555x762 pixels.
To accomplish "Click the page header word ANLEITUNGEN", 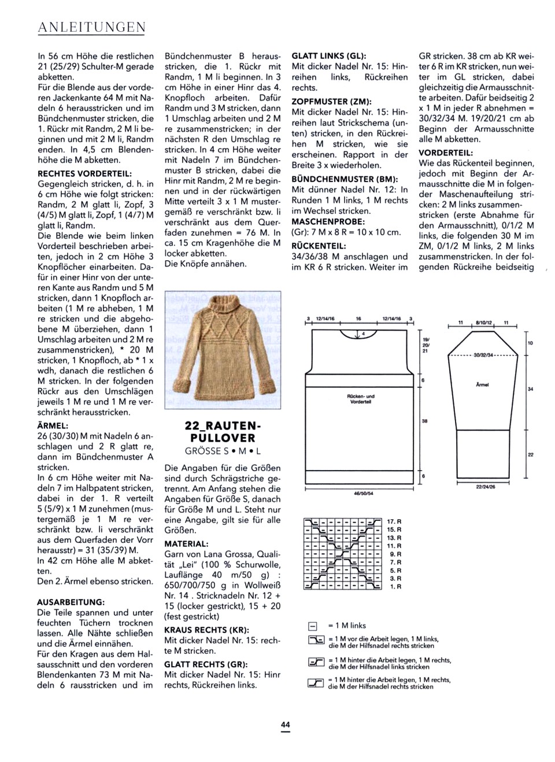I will pos(91,27).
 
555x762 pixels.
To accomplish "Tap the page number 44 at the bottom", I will pos(285,724).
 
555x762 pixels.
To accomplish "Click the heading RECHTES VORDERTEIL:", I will pos(84,173).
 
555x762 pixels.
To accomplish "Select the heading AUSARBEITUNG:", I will pos(71,602).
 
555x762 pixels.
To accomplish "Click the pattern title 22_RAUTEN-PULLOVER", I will pos(220,432).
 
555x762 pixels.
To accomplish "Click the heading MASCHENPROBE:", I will pos(328,221).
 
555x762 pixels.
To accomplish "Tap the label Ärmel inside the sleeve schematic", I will pos(482,384).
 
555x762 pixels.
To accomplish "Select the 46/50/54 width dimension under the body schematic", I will pos(363,493).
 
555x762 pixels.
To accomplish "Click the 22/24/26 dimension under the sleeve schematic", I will pos(486,487).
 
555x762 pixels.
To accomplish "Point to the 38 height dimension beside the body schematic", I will pos(424,421).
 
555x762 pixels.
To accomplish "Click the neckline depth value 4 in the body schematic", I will pos(363,334).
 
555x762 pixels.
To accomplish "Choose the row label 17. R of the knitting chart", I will pos(394,521).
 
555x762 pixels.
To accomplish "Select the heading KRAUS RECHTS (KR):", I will pos(206,630).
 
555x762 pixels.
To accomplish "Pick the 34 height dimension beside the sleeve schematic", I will pos(530,389).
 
